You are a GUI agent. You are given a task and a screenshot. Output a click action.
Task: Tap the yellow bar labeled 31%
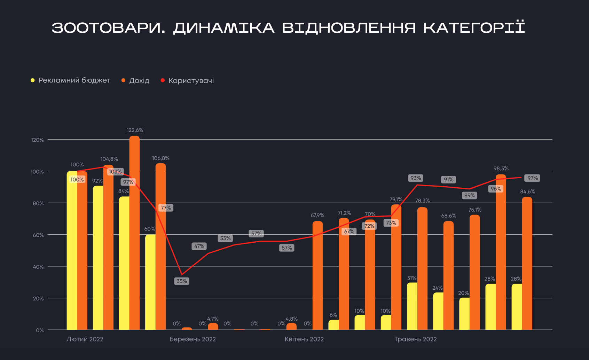(x=412, y=306)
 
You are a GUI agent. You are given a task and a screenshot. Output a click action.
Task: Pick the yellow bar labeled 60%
(x=150, y=282)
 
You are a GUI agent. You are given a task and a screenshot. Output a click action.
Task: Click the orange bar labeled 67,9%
(x=317, y=275)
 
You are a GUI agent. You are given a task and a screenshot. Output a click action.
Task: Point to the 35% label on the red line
(x=182, y=281)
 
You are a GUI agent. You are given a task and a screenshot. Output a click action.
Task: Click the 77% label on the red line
(x=166, y=208)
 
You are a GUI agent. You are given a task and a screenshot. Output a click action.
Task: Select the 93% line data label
(x=416, y=178)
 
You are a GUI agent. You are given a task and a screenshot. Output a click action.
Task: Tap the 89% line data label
(x=470, y=195)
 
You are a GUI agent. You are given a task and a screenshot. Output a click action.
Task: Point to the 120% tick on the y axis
(x=38, y=140)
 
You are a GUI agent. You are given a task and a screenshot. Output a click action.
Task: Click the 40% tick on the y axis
(x=38, y=267)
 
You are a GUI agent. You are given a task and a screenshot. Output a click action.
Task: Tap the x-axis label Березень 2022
(x=193, y=339)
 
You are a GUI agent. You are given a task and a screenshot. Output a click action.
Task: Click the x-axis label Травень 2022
(x=415, y=339)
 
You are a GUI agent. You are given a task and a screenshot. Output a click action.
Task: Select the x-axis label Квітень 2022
(x=304, y=339)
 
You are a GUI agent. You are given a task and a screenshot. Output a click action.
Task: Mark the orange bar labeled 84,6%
(x=527, y=263)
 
